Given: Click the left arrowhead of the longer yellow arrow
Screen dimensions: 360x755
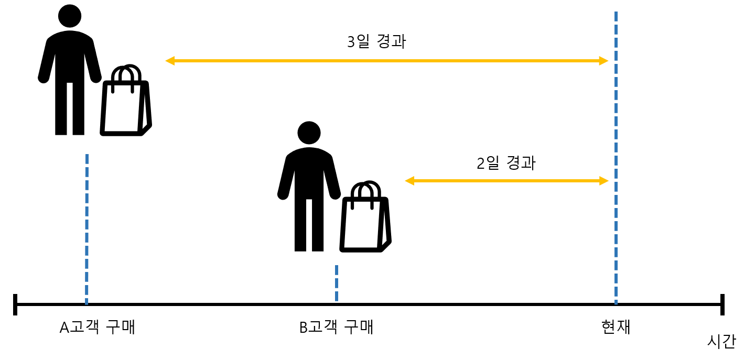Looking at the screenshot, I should [169, 61].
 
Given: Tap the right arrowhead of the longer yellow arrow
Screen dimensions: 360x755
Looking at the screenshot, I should [604, 61].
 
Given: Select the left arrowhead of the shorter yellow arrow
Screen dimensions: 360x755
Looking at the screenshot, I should [409, 181].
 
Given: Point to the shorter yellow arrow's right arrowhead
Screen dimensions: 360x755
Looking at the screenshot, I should [605, 181].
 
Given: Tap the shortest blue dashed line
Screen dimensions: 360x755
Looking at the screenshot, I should [337, 283].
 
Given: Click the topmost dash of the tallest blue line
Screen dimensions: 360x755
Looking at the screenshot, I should [616, 16].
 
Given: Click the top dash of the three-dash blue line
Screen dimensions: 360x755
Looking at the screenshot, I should [337, 270].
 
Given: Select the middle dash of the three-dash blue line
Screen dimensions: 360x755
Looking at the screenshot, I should [337, 283].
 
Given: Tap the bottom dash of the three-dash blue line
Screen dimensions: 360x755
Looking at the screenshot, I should [337, 296].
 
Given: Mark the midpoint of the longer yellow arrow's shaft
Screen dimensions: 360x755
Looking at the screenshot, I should [387, 61].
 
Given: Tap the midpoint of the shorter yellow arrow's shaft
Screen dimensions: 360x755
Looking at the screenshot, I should [507, 181].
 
